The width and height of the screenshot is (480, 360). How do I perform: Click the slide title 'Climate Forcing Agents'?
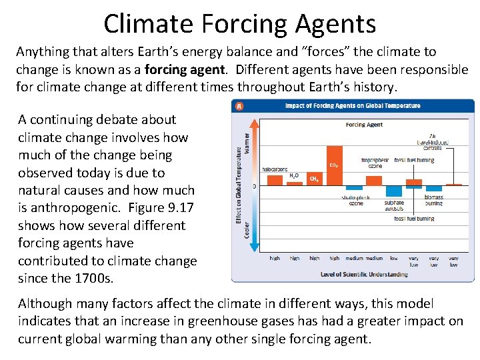click(239, 23)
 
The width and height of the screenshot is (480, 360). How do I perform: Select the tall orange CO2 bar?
click(334, 165)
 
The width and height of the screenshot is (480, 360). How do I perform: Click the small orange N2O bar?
click(294, 183)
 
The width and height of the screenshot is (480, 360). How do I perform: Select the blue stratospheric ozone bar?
click(354, 189)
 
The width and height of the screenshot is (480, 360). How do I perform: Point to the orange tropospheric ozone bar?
click(374, 180)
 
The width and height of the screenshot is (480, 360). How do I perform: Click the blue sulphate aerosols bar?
click(394, 192)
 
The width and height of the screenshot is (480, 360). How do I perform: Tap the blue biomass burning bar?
click(434, 187)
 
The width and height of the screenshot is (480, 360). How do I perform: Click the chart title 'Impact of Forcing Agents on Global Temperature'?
click(353, 106)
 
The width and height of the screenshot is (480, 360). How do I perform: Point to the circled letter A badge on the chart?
click(238, 106)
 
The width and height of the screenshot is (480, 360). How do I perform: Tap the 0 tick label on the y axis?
click(254, 186)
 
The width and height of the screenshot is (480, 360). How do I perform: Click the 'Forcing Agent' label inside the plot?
click(363, 125)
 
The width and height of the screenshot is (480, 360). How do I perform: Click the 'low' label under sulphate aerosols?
click(394, 258)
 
